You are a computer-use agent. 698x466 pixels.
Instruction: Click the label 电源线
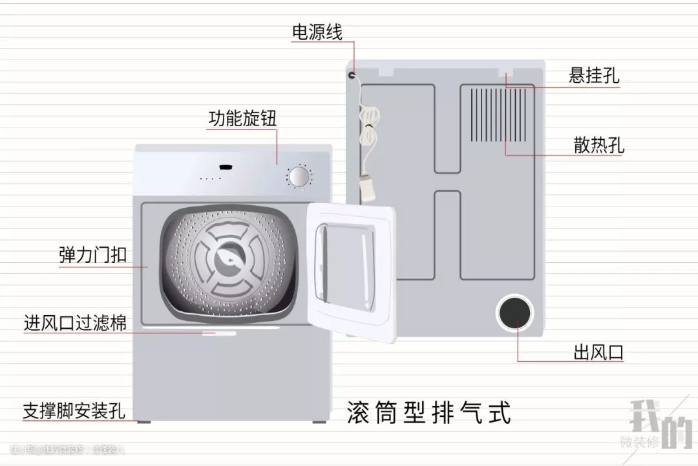pyautogui.click(x=317, y=32)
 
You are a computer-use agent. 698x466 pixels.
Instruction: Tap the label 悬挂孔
pyautogui.click(x=594, y=76)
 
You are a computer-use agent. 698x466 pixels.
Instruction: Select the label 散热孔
pyautogui.click(x=598, y=144)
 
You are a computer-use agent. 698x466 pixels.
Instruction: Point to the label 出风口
pyautogui.click(x=598, y=353)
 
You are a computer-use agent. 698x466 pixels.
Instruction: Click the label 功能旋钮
pyautogui.click(x=242, y=118)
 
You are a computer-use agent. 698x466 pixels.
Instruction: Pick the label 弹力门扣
pyautogui.click(x=92, y=255)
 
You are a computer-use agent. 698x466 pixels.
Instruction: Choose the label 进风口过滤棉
pyautogui.click(x=75, y=322)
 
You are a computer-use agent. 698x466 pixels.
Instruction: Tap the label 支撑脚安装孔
pyautogui.click(x=74, y=410)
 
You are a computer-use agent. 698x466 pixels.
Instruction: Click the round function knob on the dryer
pyautogui.click(x=298, y=177)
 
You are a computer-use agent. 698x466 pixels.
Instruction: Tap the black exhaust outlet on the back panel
pyautogui.click(x=515, y=313)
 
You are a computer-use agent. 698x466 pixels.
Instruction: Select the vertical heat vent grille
pyautogui.click(x=502, y=115)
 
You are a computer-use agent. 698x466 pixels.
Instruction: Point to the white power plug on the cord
pyautogui.click(x=368, y=188)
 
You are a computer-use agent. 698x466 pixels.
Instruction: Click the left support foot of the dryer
pyautogui.click(x=143, y=421)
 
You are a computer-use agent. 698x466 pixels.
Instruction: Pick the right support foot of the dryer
pyautogui.click(x=319, y=421)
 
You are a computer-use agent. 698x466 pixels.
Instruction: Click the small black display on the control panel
pyautogui.click(x=226, y=168)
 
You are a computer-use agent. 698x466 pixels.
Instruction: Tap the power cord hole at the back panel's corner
pyautogui.click(x=352, y=75)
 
